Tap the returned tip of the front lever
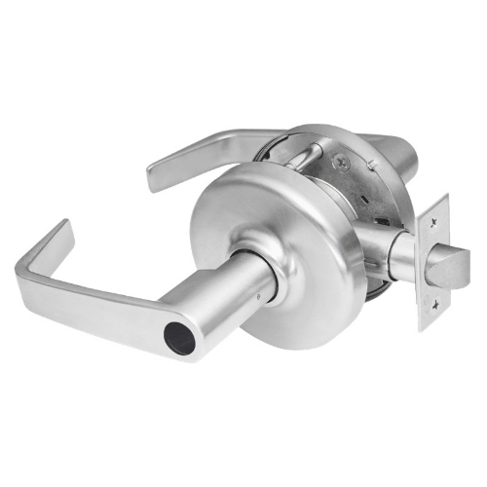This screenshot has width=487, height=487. pos(60,235)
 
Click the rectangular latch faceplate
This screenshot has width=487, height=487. pos(433,261)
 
